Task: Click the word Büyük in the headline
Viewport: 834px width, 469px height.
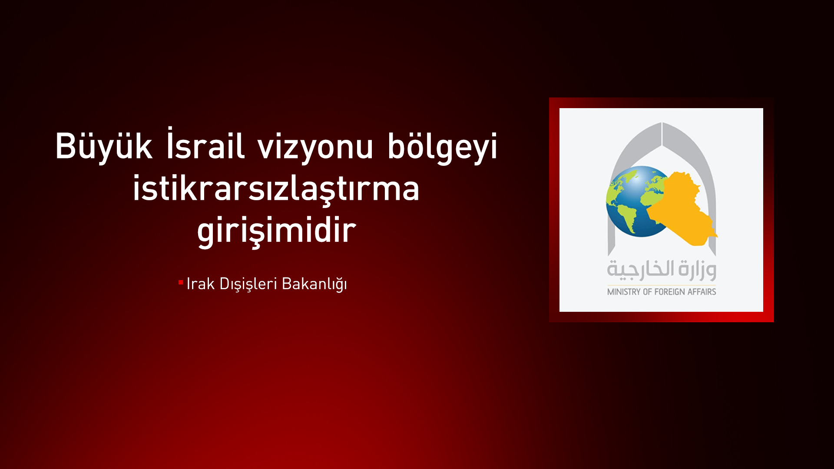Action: (103, 146)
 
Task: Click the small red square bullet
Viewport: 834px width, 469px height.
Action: (181, 283)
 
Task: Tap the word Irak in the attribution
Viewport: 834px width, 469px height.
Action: (200, 284)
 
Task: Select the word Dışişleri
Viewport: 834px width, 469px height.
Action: (248, 284)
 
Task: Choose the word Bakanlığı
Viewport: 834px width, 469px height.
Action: (314, 284)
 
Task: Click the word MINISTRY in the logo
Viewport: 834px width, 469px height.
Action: (624, 292)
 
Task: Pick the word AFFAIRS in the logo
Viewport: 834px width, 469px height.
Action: (702, 292)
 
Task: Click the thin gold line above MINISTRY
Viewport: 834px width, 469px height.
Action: (661, 285)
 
